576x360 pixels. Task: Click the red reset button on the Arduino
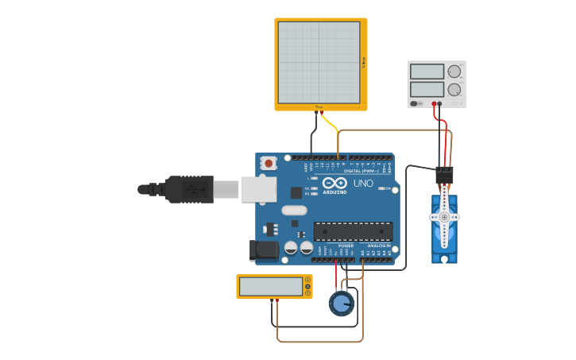[x=269, y=164]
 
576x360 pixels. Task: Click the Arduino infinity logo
[x=334, y=184]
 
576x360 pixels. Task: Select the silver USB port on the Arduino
[x=258, y=189]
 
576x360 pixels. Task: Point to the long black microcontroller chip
[x=352, y=231]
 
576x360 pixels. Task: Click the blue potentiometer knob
[x=342, y=303]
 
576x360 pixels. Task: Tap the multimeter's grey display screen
[x=270, y=286]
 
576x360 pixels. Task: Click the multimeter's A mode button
[x=308, y=280]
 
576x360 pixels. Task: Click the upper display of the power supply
[x=427, y=72]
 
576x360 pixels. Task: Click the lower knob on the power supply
[x=454, y=89]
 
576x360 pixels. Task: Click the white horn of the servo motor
[x=445, y=215]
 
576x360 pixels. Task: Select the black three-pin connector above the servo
[x=444, y=175]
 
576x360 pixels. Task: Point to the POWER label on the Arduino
[x=346, y=246]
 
